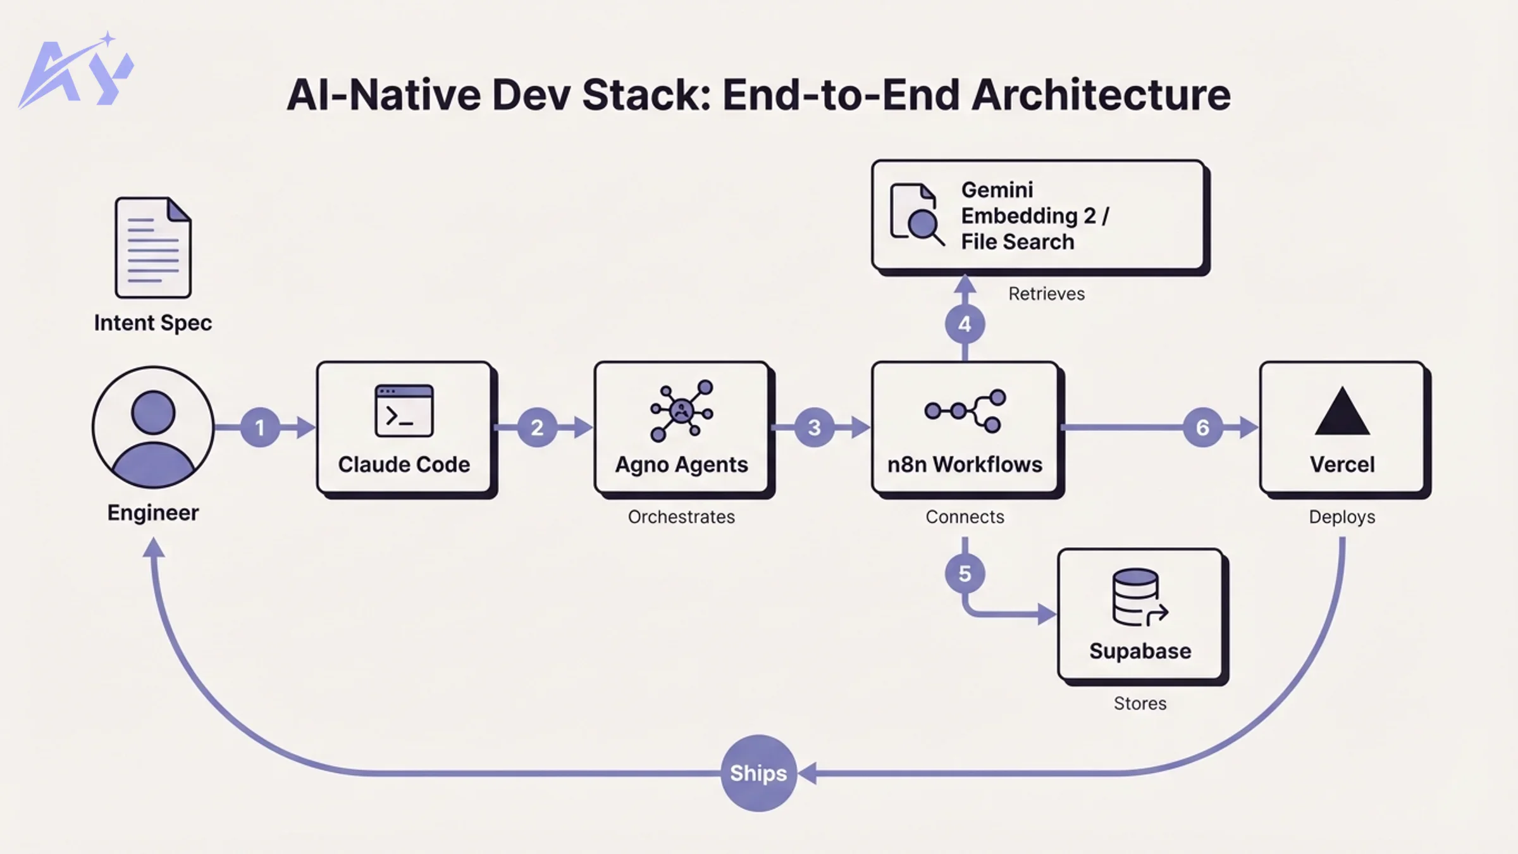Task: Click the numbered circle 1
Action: [260, 428]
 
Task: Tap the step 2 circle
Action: [537, 428]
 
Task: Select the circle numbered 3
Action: [815, 428]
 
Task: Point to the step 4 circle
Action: [965, 325]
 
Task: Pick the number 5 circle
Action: [965, 574]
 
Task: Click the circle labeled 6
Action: [1202, 428]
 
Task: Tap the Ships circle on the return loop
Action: [758, 773]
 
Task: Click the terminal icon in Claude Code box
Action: [404, 411]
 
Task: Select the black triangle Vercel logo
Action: [1342, 412]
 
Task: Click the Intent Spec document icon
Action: [153, 247]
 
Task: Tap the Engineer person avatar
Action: [153, 428]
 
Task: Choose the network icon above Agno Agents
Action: [681, 411]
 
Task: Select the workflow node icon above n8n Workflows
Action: [965, 411]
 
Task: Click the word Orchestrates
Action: [681, 517]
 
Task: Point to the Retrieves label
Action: [1046, 294]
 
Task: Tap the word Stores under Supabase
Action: [1140, 703]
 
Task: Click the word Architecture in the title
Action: [1101, 95]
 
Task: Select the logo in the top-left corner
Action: [76, 71]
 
